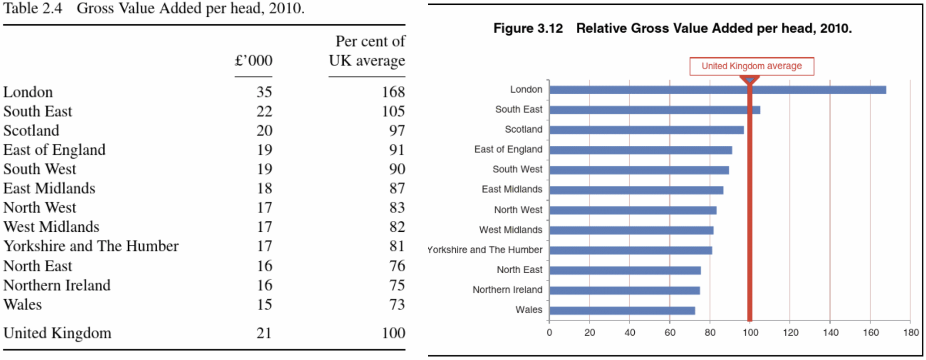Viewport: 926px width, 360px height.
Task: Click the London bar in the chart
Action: click(x=717, y=90)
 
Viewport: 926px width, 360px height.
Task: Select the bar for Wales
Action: click(x=622, y=310)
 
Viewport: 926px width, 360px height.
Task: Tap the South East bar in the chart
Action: click(x=654, y=110)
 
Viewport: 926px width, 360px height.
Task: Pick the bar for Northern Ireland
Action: click(x=624, y=291)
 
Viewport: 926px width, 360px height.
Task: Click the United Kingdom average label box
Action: click(x=751, y=66)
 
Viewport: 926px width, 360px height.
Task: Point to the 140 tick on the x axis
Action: click(x=830, y=333)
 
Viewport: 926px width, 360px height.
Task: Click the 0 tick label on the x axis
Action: click(x=549, y=333)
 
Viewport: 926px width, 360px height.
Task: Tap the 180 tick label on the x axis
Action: click(x=910, y=333)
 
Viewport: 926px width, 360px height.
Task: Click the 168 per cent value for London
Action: click(x=393, y=92)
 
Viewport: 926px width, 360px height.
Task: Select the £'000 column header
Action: click(x=253, y=60)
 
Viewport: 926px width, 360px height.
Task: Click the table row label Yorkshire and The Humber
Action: click(x=91, y=246)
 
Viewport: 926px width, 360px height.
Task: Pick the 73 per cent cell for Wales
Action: click(x=397, y=304)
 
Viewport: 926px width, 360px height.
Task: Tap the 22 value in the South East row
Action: click(x=264, y=111)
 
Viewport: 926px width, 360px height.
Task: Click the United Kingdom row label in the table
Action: click(x=57, y=333)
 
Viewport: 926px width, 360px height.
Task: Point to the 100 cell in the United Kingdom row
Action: click(x=393, y=333)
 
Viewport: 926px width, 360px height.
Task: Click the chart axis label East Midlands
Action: click(x=511, y=189)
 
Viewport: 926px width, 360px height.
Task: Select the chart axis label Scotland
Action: click(x=523, y=129)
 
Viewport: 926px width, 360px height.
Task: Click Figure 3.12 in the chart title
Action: click(x=528, y=28)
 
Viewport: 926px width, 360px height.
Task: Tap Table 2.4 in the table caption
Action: click(x=33, y=8)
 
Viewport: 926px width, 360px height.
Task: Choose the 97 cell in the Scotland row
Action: click(x=397, y=130)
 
